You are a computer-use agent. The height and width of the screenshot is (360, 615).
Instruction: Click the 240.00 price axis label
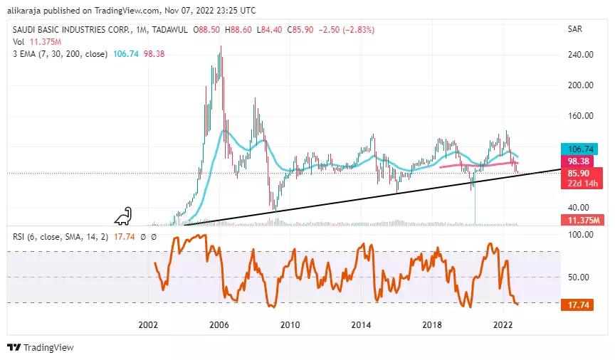581,54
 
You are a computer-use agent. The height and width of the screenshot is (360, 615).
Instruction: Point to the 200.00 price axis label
581,85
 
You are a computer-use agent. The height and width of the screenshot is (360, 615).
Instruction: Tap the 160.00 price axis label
581,115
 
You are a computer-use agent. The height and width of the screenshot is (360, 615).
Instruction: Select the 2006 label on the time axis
219,324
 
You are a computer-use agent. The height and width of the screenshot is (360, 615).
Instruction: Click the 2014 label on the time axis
362,324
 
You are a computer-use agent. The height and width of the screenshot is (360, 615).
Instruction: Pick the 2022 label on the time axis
503,324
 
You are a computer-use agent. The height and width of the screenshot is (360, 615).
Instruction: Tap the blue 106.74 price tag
581,149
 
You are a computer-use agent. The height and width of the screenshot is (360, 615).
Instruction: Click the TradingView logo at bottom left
41,348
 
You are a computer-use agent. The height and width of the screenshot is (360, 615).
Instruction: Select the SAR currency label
576,30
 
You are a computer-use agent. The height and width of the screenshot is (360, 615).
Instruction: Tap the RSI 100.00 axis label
581,235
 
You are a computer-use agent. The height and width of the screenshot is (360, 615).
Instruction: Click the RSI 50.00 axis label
581,277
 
